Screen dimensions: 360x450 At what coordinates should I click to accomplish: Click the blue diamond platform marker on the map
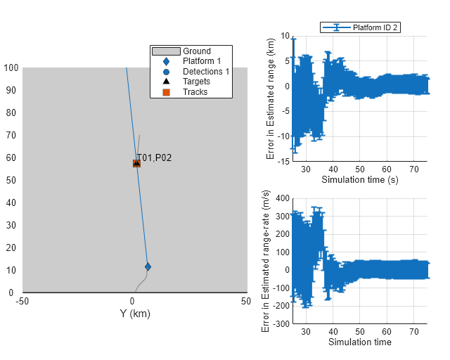pos(148,266)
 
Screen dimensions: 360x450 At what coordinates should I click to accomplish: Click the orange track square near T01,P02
pos(136,163)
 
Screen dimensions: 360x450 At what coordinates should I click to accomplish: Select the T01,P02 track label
pos(155,157)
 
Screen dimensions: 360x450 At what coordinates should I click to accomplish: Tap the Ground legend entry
pos(196,51)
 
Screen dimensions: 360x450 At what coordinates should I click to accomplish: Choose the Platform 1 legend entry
pos(201,61)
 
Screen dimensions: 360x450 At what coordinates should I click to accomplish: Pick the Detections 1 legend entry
pos(206,72)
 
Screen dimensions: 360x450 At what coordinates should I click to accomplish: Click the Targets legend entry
pos(196,82)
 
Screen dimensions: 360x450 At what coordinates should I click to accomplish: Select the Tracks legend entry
pos(195,91)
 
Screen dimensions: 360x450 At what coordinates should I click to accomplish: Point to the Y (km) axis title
pos(135,314)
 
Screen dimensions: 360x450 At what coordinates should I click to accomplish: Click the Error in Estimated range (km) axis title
pos(271,99)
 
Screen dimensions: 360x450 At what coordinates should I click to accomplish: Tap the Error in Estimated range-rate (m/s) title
pos(265,261)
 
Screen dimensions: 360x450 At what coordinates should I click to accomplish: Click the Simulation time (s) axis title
pos(359,179)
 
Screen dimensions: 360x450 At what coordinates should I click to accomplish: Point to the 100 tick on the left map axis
pos(11,68)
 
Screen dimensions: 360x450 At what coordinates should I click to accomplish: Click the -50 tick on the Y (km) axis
pos(23,302)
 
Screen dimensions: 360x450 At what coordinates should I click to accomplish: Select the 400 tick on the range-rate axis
pos(282,198)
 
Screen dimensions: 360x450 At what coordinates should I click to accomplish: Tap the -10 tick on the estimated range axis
pos(283,136)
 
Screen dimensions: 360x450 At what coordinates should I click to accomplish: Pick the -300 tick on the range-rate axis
pos(281,324)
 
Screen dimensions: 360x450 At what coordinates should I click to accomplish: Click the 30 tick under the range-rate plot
pos(306,332)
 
